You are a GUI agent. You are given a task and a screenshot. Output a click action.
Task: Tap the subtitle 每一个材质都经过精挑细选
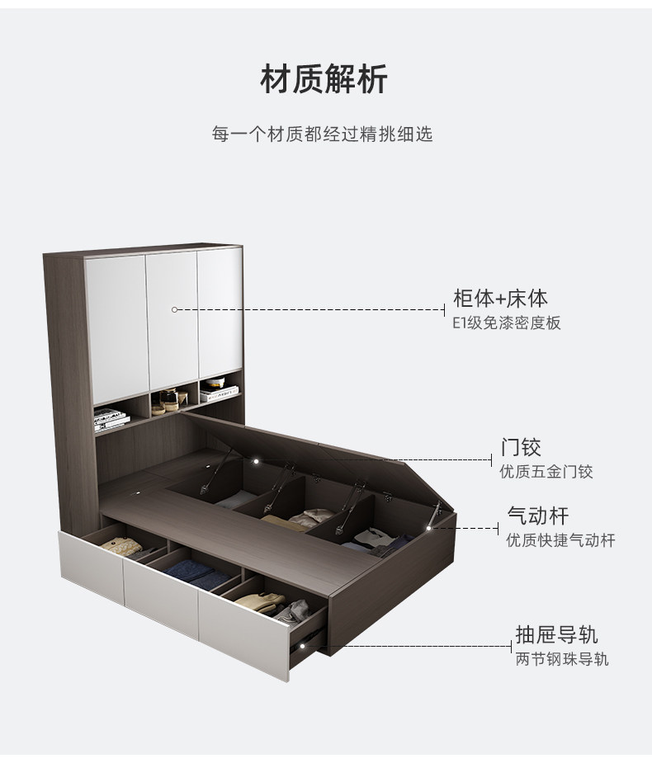click(323, 134)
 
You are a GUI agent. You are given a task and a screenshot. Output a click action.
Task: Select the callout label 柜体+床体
click(500, 299)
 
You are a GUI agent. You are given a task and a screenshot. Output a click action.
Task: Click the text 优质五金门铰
click(546, 473)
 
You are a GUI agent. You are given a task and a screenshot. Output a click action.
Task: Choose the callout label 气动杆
click(537, 516)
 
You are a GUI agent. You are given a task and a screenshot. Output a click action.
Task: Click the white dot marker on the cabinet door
click(174, 309)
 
